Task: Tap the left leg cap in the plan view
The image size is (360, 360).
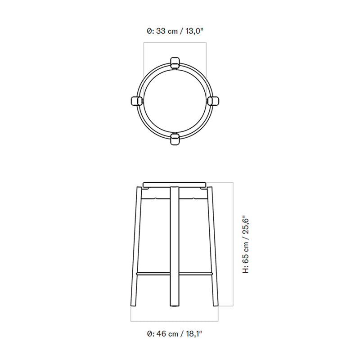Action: tap(136, 101)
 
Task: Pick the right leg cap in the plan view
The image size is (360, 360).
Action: tap(213, 101)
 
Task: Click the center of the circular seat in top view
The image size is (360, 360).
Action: tap(175, 101)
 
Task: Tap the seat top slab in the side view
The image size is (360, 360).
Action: tap(174, 184)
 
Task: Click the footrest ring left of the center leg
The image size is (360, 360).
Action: tap(153, 272)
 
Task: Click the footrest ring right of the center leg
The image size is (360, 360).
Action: tap(196, 272)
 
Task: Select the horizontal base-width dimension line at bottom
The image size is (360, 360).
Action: tap(174, 321)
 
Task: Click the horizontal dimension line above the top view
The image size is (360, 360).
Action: tap(175, 43)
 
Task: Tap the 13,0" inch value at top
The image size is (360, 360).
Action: tap(194, 31)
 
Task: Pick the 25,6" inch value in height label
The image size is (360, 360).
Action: tap(246, 228)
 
